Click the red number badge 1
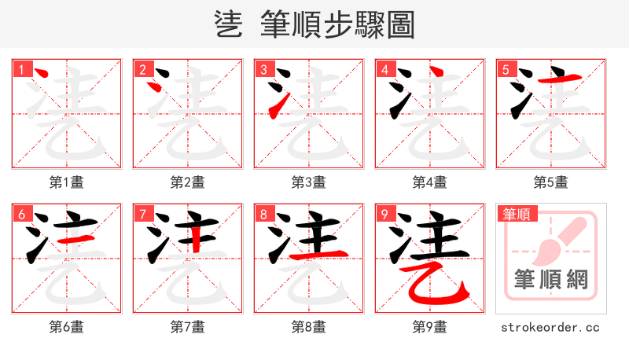tap(21, 69)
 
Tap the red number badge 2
tap(142, 69)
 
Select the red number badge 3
tap(263, 69)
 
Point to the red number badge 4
tap(384, 69)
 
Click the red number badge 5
tap(506, 69)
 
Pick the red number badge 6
tap(21, 214)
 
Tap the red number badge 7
tap(142, 214)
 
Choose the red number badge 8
tap(263, 214)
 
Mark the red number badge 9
tap(384, 214)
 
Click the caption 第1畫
tap(67, 182)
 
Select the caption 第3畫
tap(309, 182)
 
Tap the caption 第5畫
tap(550, 182)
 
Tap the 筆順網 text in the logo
tap(550, 280)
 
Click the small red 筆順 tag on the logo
tap(516, 213)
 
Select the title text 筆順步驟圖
tap(337, 24)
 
